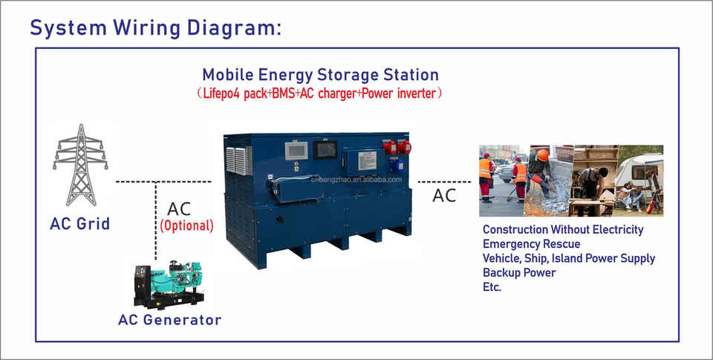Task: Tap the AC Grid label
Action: point(80,223)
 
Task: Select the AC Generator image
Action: point(169,285)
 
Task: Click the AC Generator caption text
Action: point(169,319)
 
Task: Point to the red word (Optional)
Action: point(186,226)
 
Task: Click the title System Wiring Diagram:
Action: point(155,27)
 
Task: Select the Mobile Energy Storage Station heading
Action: point(321,74)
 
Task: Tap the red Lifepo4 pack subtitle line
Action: point(319,94)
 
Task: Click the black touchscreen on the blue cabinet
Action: point(325,150)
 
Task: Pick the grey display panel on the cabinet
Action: point(296,151)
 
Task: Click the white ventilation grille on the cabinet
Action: point(238,160)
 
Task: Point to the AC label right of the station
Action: point(444,195)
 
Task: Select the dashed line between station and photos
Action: point(444,182)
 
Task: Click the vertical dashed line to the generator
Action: point(156,221)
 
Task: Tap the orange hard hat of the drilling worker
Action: point(542,155)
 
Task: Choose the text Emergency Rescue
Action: point(532,244)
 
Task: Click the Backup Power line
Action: point(519,272)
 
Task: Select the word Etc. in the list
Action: point(492,287)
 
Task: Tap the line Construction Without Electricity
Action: point(563,229)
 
